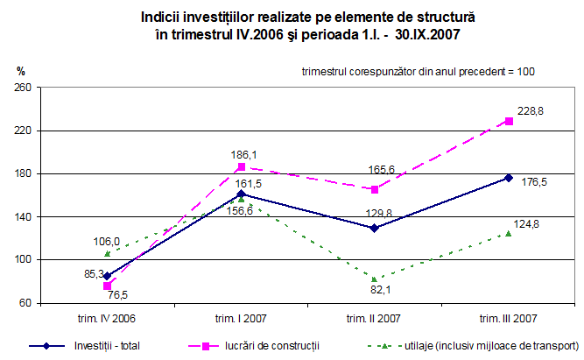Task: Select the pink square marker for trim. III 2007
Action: [509, 121]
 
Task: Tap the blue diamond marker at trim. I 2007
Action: [241, 194]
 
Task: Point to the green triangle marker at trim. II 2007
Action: [375, 279]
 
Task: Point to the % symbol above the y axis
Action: [21, 71]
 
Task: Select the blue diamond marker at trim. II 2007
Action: [375, 228]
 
